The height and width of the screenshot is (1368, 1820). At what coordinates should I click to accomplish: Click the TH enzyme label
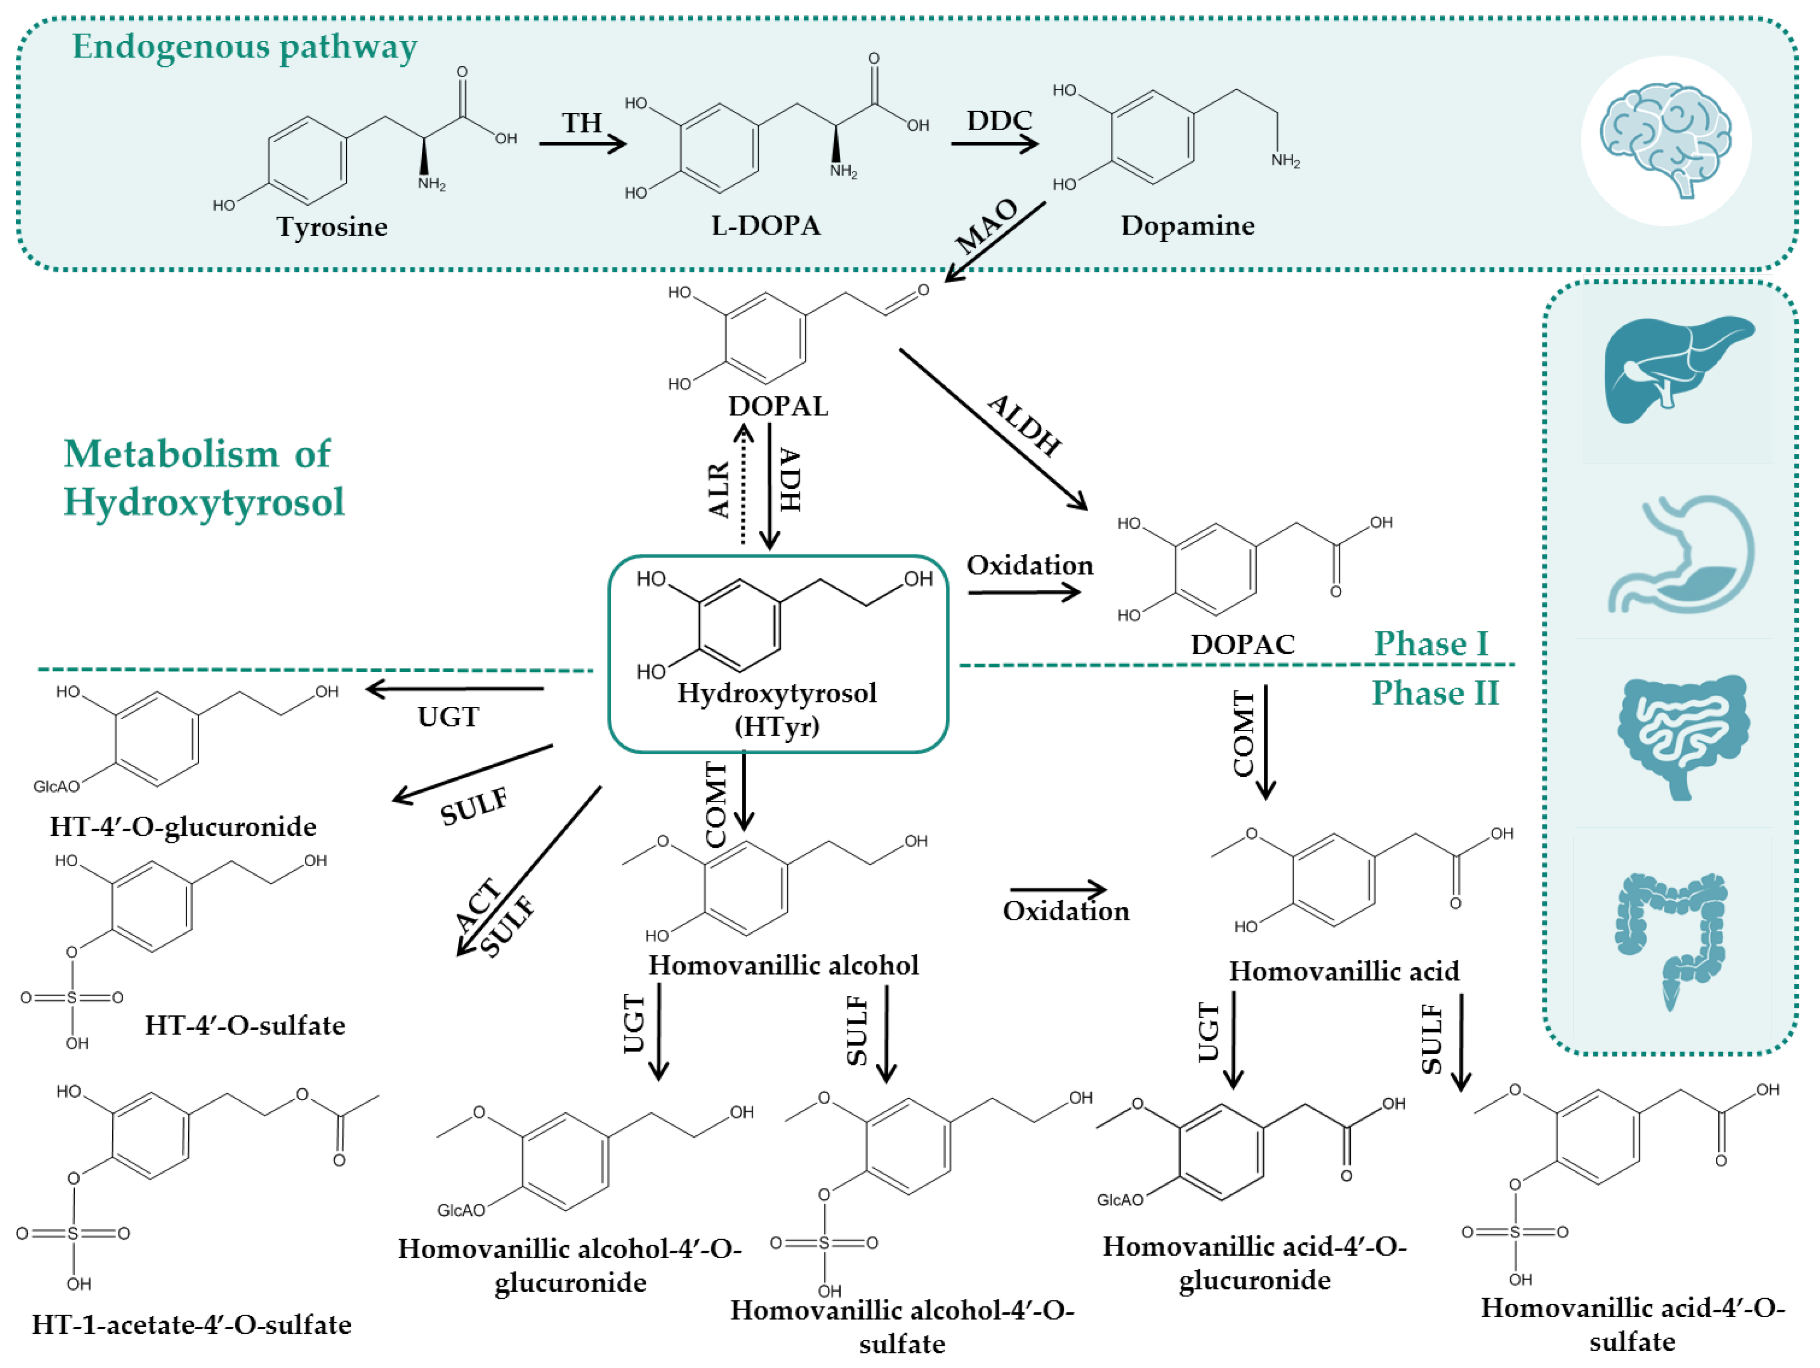[x=582, y=123]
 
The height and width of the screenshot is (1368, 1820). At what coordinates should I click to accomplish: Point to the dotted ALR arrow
[x=742, y=485]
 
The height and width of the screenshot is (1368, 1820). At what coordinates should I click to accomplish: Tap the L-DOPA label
[x=765, y=226]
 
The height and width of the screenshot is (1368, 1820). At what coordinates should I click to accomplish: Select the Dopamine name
[x=1187, y=226]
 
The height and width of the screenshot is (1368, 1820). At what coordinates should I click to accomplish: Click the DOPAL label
[x=777, y=406]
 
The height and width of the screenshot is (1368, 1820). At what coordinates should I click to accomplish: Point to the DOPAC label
[x=1242, y=644]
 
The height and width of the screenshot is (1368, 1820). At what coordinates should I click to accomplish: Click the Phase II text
[x=1434, y=693]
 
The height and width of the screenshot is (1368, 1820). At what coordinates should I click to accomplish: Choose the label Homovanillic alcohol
[x=783, y=965]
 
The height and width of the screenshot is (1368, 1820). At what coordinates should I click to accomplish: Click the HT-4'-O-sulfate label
[x=244, y=1025]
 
